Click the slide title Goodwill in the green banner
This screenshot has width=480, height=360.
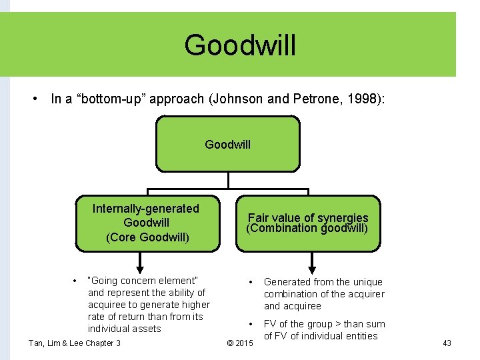point(240,45)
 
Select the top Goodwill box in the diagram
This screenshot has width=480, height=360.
point(228,144)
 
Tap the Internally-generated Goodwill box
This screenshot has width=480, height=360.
point(147,223)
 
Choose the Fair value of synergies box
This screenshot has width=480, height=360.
point(308,223)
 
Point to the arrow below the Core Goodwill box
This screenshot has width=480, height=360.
point(147,260)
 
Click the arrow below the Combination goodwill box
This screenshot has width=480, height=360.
point(308,261)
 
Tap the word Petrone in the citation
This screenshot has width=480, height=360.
point(313,99)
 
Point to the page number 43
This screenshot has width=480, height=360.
point(447,343)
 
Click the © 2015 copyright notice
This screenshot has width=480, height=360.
point(240,343)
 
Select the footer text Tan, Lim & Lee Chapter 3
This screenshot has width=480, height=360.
point(75,343)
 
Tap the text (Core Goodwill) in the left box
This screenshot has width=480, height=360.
point(147,237)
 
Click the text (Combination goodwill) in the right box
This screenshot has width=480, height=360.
point(307,228)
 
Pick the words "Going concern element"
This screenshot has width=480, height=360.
point(143,281)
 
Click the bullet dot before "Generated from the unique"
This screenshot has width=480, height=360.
point(250,282)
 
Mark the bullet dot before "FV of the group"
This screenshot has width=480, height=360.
point(250,324)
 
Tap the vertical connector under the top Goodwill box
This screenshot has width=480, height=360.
point(228,180)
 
